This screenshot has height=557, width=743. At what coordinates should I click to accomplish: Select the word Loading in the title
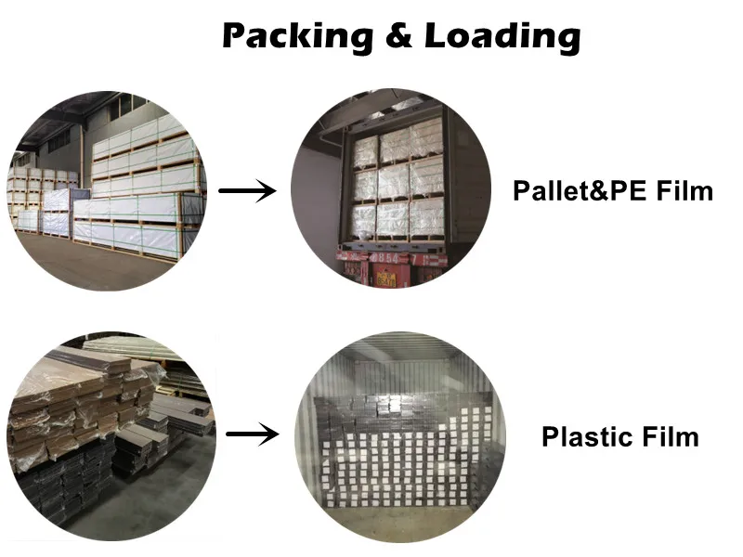pyautogui.click(x=502, y=36)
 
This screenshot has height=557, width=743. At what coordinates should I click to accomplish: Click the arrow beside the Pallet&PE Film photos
pyautogui.click(x=247, y=192)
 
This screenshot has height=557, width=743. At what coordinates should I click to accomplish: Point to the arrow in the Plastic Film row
pyautogui.click(x=253, y=433)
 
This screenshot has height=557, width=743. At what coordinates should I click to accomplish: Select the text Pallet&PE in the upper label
pyautogui.click(x=571, y=192)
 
